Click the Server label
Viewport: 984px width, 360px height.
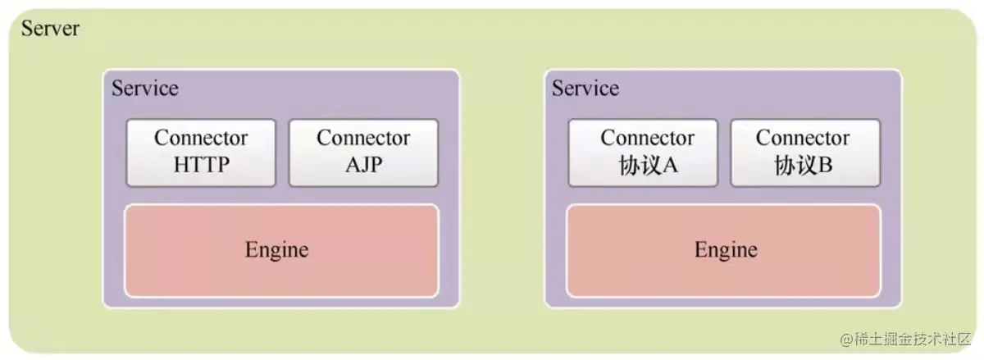point(50,29)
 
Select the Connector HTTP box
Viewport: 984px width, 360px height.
point(201,152)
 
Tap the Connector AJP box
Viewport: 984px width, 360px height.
point(363,152)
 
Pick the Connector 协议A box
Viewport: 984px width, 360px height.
point(643,152)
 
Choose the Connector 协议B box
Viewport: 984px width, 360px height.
point(805,152)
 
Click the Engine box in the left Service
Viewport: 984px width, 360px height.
point(281,250)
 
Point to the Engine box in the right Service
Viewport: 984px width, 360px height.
point(723,250)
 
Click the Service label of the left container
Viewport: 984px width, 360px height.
point(144,89)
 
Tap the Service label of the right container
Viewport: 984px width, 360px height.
point(585,89)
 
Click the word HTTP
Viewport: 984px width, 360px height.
point(201,165)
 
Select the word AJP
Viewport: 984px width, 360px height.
point(363,165)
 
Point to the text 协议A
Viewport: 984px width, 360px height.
point(647,166)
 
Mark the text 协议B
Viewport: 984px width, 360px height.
point(803,166)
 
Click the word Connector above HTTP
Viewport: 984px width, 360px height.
point(201,138)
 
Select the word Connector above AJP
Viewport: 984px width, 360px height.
point(363,138)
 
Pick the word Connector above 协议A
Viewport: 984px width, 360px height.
point(647,138)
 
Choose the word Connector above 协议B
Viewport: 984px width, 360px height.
point(803,138)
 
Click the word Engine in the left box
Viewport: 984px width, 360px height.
point(276,250)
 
